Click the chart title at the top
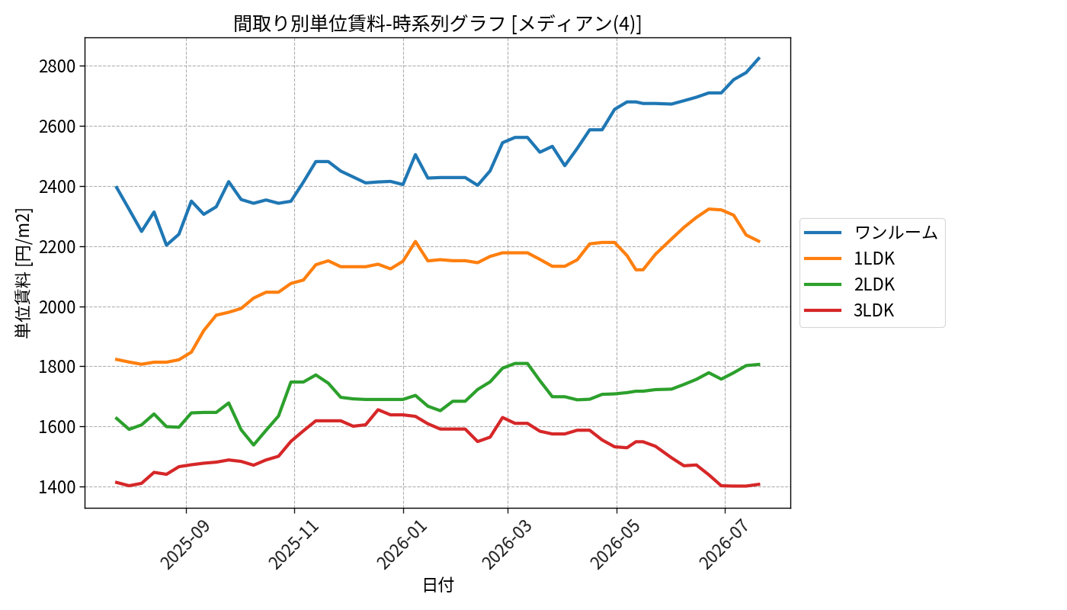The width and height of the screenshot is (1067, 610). (437, 24)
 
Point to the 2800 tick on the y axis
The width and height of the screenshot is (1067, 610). (58, 66)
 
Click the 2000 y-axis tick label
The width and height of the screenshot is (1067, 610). (58, 307)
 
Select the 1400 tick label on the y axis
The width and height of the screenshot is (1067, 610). (58, 487)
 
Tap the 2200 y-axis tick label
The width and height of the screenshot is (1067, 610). (58, 247)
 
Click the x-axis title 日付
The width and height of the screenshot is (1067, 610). (438, 585)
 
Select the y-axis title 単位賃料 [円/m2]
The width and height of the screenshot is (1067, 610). (24, 273)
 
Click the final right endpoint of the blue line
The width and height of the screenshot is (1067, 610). (759, 58)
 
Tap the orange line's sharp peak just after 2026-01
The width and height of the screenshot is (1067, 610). (415, 241)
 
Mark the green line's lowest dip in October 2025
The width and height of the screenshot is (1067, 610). (253, 445)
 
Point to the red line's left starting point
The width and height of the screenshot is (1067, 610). (116, 482)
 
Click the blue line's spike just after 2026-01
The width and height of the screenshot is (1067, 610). (415, 154)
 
